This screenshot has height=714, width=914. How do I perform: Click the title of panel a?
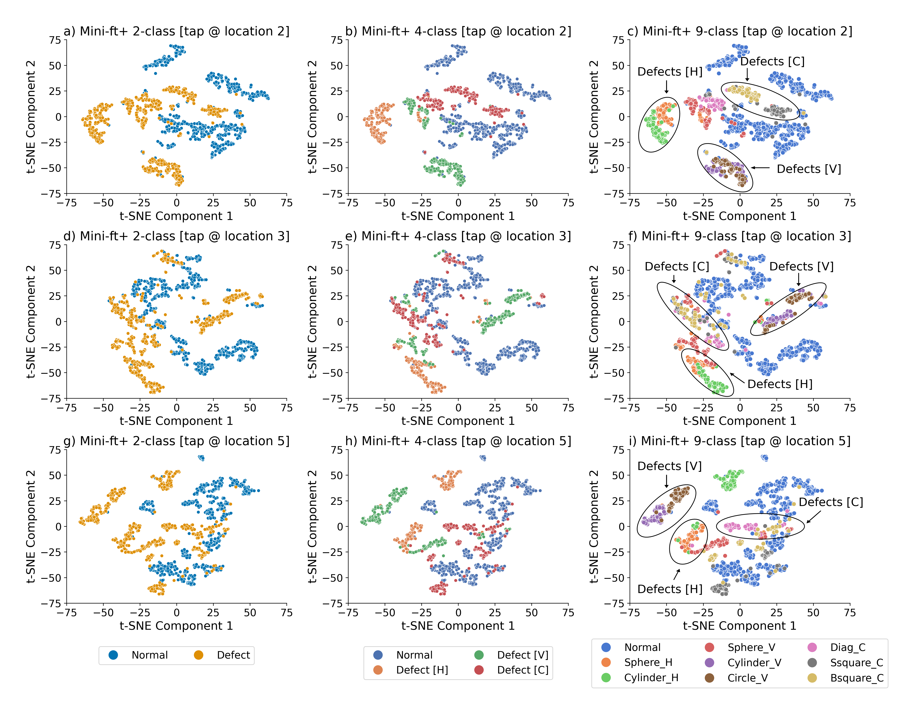coord(176,31)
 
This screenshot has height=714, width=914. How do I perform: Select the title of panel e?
coord(458,236)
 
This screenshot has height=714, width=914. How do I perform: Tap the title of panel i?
coord(739,441)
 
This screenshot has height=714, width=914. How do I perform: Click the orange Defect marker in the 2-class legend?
coord(198,655)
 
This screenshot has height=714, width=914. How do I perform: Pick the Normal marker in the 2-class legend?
coord(113,655)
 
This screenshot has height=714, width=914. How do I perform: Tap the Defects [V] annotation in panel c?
coord(808,169)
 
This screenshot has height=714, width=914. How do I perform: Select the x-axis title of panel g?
coord(176,626)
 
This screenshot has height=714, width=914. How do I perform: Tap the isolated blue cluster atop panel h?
coord(483,458)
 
